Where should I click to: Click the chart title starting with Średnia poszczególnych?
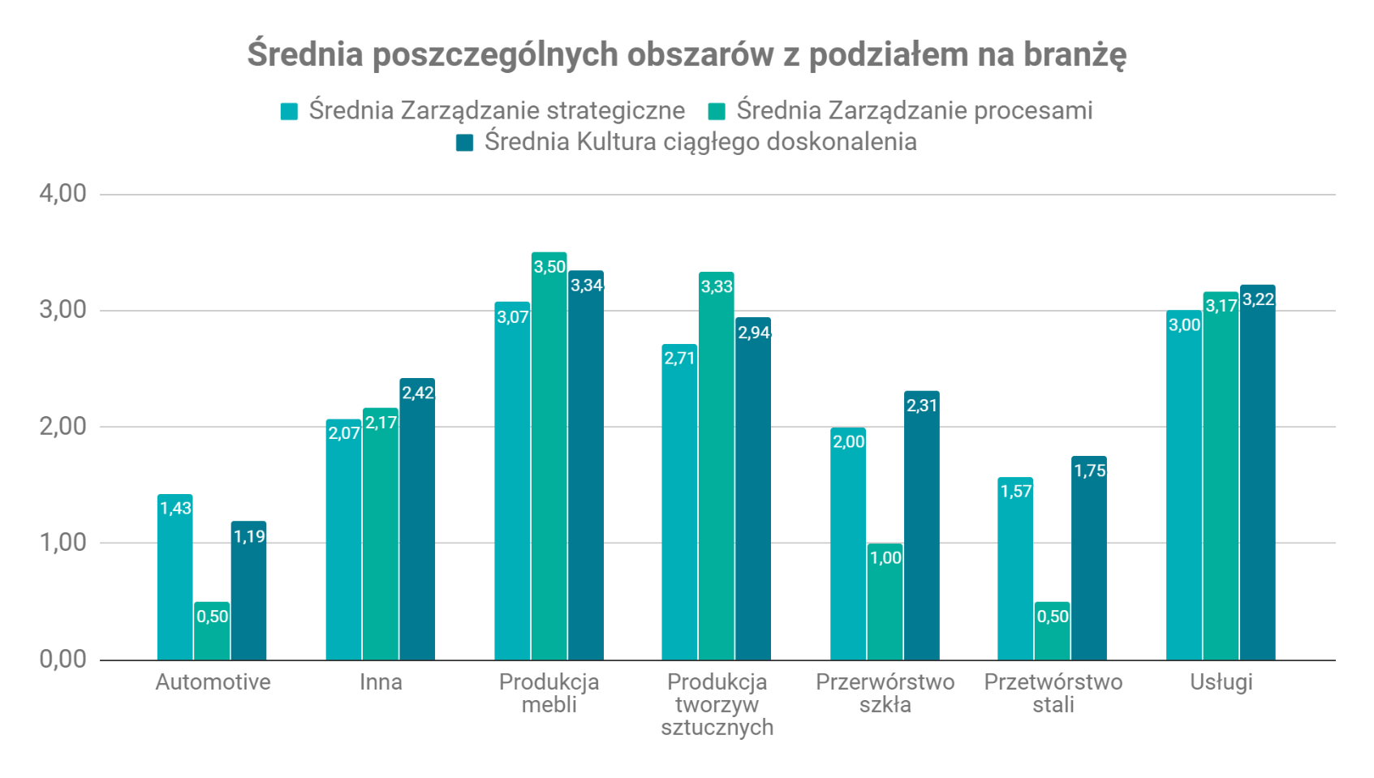687,54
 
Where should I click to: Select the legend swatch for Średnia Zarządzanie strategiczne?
289,111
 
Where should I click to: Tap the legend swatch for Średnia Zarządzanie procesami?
717,111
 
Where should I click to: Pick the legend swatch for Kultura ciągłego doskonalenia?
464,143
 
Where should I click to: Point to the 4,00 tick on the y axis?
62,194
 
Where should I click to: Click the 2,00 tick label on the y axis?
62,427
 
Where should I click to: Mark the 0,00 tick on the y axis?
62,659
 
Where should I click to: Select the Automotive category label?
213,681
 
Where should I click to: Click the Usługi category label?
1221,681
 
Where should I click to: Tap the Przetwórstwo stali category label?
1053,693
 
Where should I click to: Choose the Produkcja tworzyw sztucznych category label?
717,704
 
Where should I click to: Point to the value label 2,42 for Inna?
418,393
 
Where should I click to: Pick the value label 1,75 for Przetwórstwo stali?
1089,471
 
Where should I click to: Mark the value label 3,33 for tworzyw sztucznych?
717,287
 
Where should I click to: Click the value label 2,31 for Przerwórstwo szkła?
922,406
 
